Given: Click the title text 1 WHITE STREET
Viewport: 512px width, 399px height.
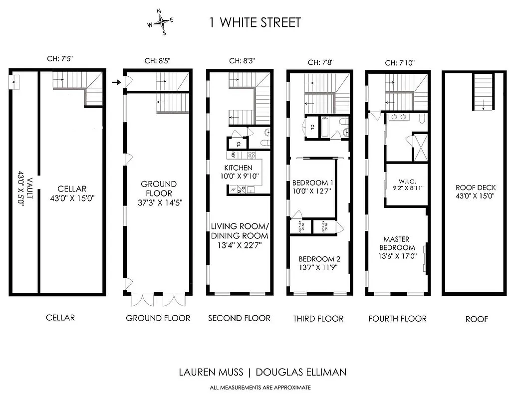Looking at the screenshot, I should (x=254, y=22).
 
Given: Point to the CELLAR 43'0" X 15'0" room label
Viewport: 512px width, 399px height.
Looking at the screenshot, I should (x=72, y=193).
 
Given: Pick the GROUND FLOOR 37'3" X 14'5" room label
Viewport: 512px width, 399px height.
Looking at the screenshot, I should (x=158, y=193).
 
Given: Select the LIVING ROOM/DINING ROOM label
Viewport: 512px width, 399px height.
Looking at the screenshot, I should (x=239, y=231).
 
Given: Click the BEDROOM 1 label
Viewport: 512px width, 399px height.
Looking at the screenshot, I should (x=312, y=187).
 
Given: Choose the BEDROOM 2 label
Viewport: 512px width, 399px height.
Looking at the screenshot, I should (x=319, y=263).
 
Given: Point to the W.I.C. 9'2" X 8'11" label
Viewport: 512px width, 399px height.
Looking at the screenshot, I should (x=405, y=185).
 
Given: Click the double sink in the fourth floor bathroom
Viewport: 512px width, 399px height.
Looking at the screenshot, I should (x=398, y=118).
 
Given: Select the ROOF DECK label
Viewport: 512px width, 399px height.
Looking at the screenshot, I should (x=476, y=192).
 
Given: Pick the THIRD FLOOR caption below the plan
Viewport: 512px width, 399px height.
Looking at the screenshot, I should (x=318, y=319).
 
